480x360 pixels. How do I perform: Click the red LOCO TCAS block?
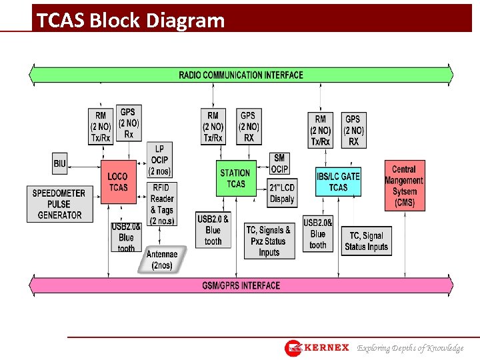click(x=117, y=181)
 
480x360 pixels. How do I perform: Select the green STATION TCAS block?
click(x=235, y=178)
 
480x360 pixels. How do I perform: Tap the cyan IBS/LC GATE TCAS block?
click(x=338, y=181)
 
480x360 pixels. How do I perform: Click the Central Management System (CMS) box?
click(x=404, y=186)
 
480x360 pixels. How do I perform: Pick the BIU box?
click(x=60, y=163)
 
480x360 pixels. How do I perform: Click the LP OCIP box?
click(x=160, y=160)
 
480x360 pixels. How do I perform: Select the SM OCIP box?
click(x=279, y=163)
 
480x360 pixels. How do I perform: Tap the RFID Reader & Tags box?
click(x=162, y=204)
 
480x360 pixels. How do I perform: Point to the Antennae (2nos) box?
click(x=161, y=259)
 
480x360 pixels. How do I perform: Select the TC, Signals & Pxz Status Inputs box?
click(x=269, y=241)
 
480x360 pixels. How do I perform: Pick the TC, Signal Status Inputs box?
click(x=366, y=241)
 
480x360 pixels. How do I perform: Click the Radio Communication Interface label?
click(x=241, y=75)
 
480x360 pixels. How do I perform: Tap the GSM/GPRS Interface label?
click(x=241, y=285)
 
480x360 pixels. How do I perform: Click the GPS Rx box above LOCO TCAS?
click(x=129, y=123)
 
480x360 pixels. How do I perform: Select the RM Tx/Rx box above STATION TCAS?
click(x=213, y=127)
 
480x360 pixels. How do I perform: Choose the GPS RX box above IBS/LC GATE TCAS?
click(x=353, y=130)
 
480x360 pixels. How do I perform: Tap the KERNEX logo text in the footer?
click(x=326, y=348)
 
